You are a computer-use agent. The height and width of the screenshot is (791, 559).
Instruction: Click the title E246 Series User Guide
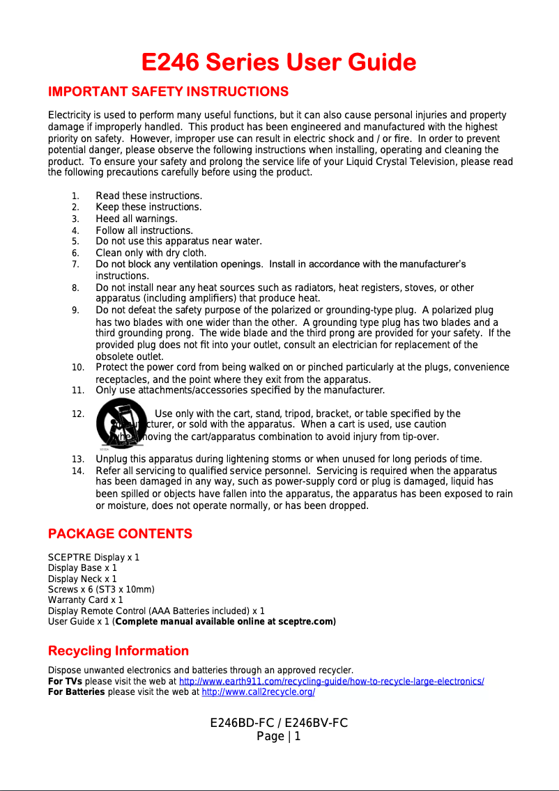pos(279,63)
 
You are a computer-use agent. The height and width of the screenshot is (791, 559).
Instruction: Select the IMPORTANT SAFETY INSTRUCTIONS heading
pos(167,92)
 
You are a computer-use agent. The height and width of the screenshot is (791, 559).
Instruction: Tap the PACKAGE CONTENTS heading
pos(120,534)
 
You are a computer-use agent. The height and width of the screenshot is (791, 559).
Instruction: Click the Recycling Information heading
pos(118,651)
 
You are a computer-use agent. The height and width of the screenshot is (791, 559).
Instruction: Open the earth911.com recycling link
pos(332,682)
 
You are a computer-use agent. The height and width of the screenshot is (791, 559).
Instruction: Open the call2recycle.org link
pos(258,693)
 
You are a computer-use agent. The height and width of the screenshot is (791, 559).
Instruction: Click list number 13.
pos(78,459)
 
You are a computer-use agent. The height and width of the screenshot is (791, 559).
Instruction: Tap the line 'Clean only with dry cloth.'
pos(151,253)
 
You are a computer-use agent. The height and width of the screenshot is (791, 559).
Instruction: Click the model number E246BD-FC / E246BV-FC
pos(279,723)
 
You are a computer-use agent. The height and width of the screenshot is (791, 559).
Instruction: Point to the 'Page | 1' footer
pos(279,736)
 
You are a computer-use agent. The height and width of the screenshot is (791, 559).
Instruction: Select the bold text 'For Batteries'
pos(76,693)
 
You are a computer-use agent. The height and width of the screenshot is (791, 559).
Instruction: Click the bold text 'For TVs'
pos(65,682)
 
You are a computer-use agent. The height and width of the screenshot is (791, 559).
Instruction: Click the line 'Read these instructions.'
pos(148,196)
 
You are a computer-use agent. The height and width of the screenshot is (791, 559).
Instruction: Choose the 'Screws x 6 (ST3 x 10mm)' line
pos(95,589)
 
